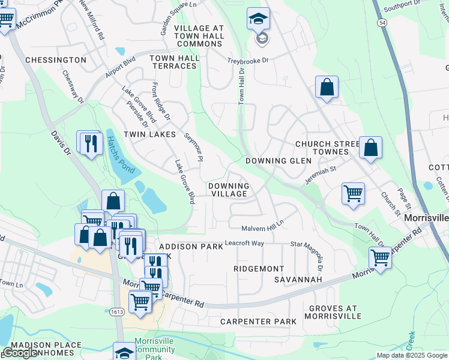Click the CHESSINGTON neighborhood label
tap(56, 60)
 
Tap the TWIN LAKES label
tap(149, 134)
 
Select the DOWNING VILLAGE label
tap(228, 190)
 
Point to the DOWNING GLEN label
tap(279, 161)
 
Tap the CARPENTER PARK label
tap(258, 322)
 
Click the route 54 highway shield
tap(382, 22)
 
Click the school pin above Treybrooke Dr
tap(259, 20)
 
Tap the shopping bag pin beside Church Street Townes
tap(370, 148)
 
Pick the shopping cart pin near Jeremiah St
tap(353, 193)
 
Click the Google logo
tap(20, 353)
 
